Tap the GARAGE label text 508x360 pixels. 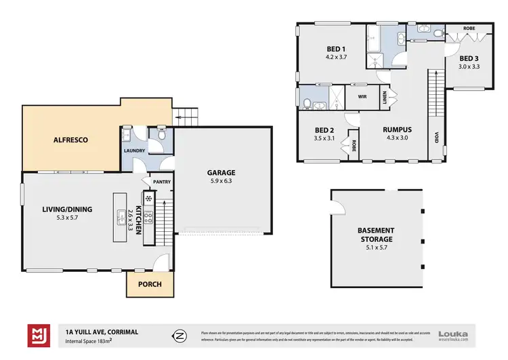pyautogui.click(x=221, y=173)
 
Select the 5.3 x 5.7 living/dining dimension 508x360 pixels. pyautogui.click(x=65, y=218)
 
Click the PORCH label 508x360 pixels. pyautogui.click(x=150, y=284)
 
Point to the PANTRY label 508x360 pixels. pyautogui.click(x=162, y=181)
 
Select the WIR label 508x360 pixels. pyautogui.click(x=362, y=96)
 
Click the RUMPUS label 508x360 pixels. pyautogui.click(x=398, y=129)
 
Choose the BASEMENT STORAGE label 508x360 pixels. pyautogui.click(x=376, y=235)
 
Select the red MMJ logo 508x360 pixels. pyautogui.click(x=37, y=334)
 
